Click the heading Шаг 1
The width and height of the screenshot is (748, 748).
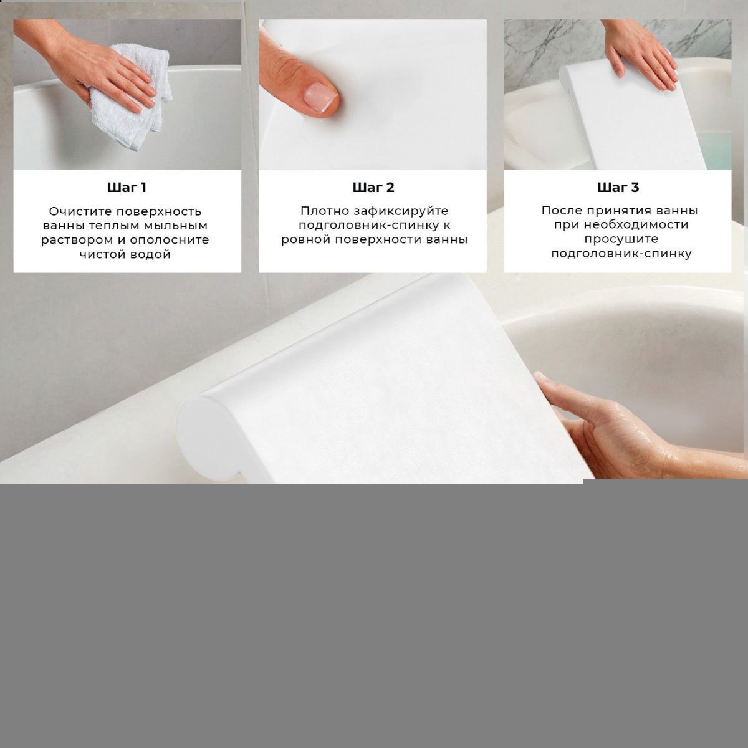[x=127, y=188]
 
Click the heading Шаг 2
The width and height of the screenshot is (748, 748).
[x=373, y=188]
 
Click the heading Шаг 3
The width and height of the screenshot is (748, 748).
[x=618, y=188]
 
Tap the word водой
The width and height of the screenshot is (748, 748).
[x=151, y=255]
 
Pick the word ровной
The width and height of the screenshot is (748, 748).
[x=305, y=240]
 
